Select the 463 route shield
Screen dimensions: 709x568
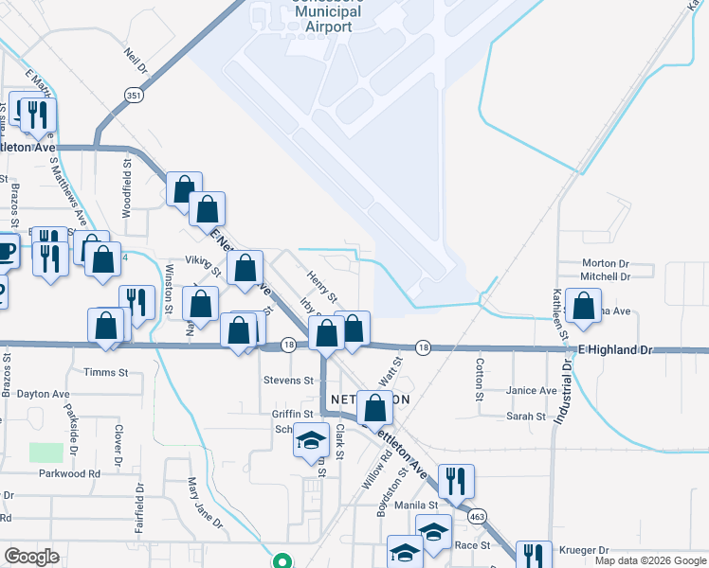click(x=476, y=516)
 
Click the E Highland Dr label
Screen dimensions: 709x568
click(x=617, y=350)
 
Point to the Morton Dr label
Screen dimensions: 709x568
click(x=606, y=263)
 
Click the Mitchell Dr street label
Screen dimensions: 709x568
click(x=606, y=276)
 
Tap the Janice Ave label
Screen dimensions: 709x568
click(x=532, y=390)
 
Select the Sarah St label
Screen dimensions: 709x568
click(x=526, y=416)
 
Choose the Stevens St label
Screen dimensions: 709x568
click(x=288, y=381)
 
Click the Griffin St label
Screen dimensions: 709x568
click(x=293, y=414)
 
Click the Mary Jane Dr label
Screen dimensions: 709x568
click(x=204, y=502)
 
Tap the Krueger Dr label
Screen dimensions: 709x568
click(x=584, y=549)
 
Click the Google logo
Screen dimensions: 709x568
click(x=31, y=557)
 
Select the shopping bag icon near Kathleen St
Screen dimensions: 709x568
click(x=585, y=306)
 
